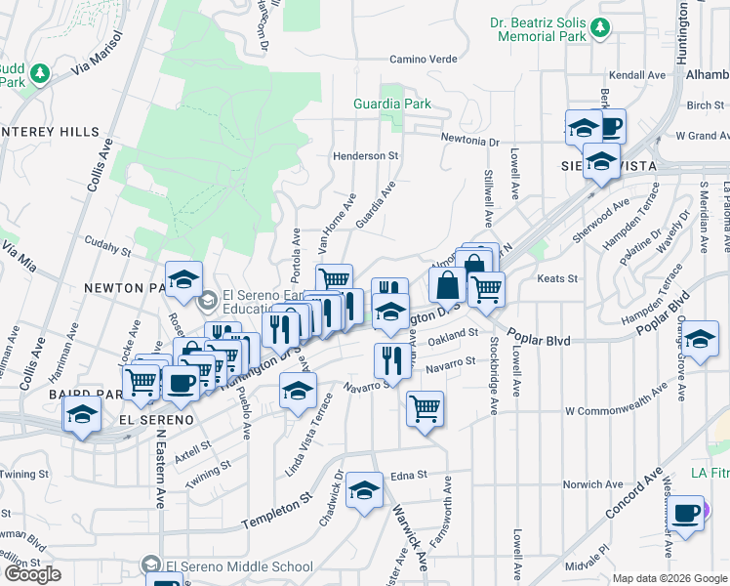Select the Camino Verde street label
click(x=424, y=59)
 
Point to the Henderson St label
click(x=366, y=155)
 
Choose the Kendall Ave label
click(x=636, y=75)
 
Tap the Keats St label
click(x=558, y=278)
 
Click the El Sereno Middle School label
click(x=239, y=566)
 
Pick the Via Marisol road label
click(x=101, y=54)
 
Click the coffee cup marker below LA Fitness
click(x=685, y=513)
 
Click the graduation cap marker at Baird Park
click(x=83, y=415)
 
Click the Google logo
click(x=32, y=574)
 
